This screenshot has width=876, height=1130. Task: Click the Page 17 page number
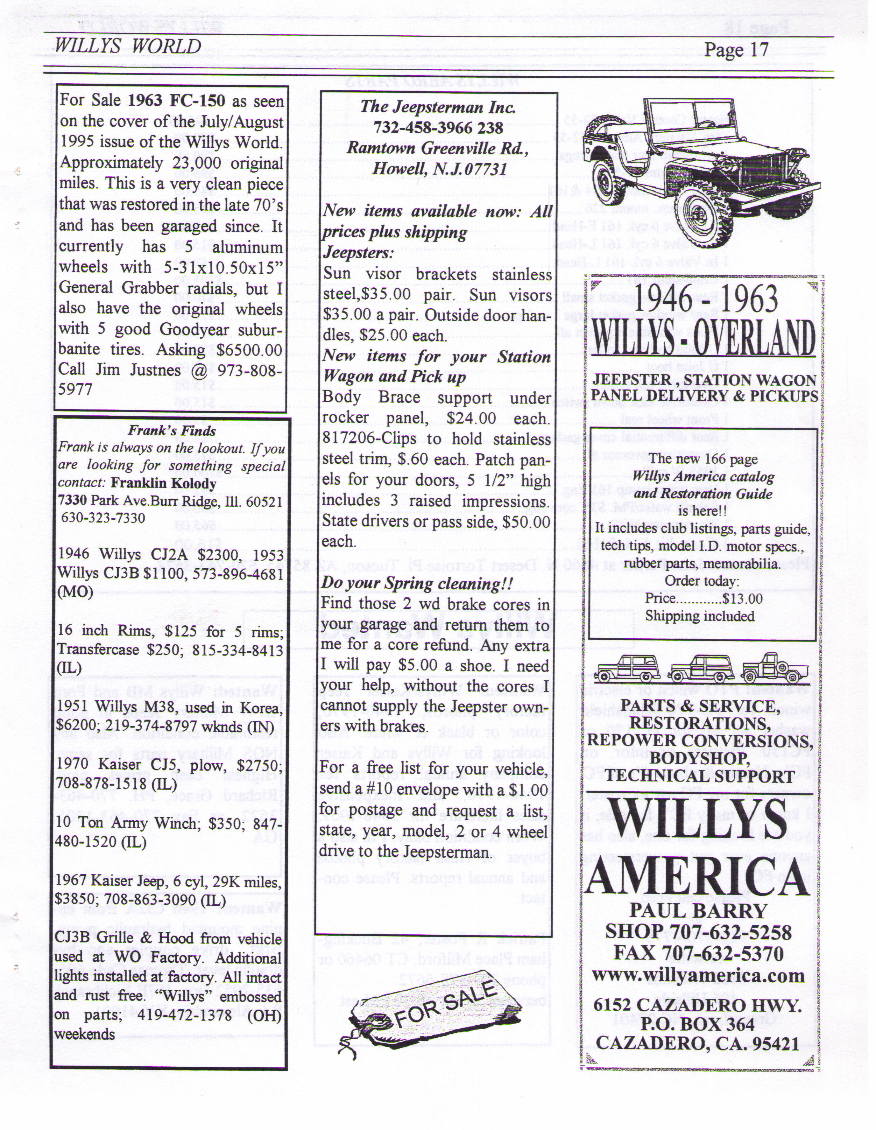(x=736, y=50)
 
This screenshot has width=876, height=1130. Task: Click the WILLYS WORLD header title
(x=128, y=46)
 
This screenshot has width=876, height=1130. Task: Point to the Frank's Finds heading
(x=172, y=430)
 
